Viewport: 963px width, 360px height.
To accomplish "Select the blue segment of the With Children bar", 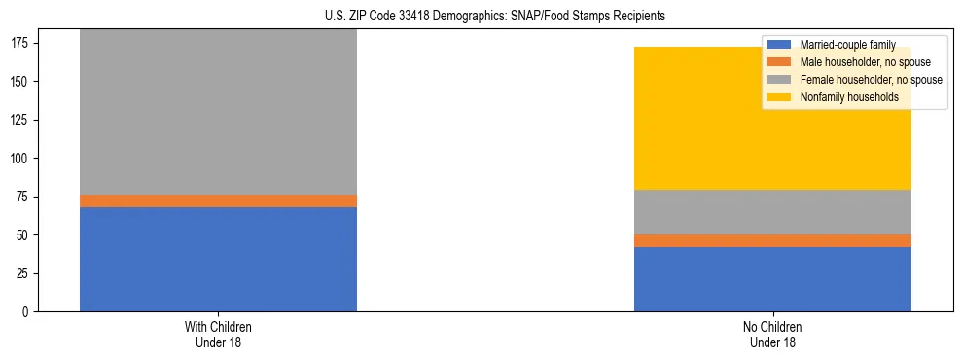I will click(x=218, y=259).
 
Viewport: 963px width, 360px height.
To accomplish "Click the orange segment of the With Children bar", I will click(x=218, y=200).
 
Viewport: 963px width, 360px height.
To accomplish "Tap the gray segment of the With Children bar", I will click(x=218, y=112).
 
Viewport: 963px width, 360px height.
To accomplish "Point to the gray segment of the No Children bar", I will click(x=772, y=211).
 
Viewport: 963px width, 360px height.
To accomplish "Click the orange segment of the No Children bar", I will click(x=772, y=240).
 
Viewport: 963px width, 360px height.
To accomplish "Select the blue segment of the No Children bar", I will click(x=772, y=279).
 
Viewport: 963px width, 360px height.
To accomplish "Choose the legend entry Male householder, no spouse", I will click(x=862, y=62).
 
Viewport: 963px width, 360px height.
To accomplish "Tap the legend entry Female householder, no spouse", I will click(x=871, y=80).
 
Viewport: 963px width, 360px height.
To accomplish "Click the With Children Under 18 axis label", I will click(x=218, y=335).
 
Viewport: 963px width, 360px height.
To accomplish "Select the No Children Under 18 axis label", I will click(x=772, y=335).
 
